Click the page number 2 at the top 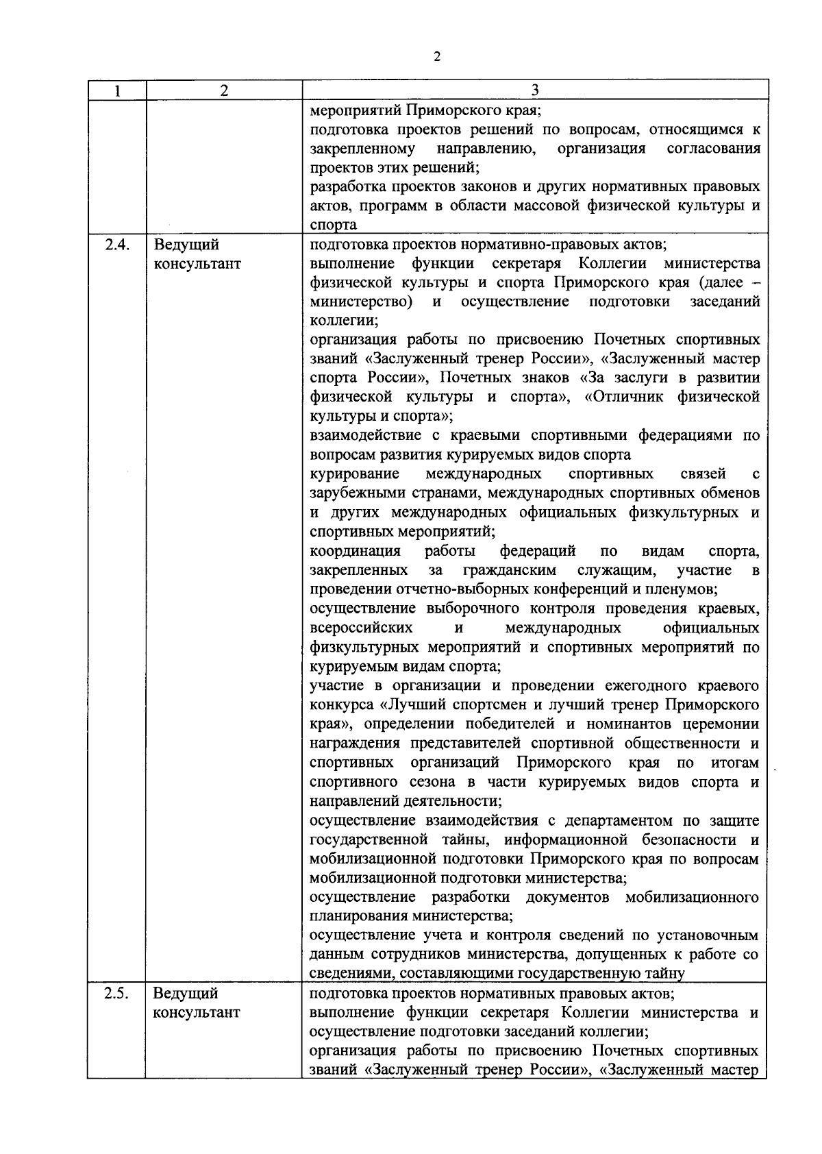click(436, 57)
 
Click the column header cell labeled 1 click(116, 90)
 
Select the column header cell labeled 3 click(535, 90)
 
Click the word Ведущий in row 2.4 click(186, 245)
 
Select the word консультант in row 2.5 click(197, 1012)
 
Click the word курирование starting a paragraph click(354, 474)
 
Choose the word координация click(355, 551)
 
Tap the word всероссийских click(361, 628)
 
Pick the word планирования click(360, 916)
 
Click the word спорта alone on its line click(333, 225)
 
